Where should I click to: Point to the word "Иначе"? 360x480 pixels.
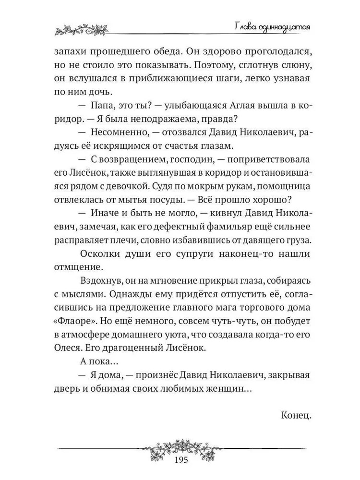pos(101,213)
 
